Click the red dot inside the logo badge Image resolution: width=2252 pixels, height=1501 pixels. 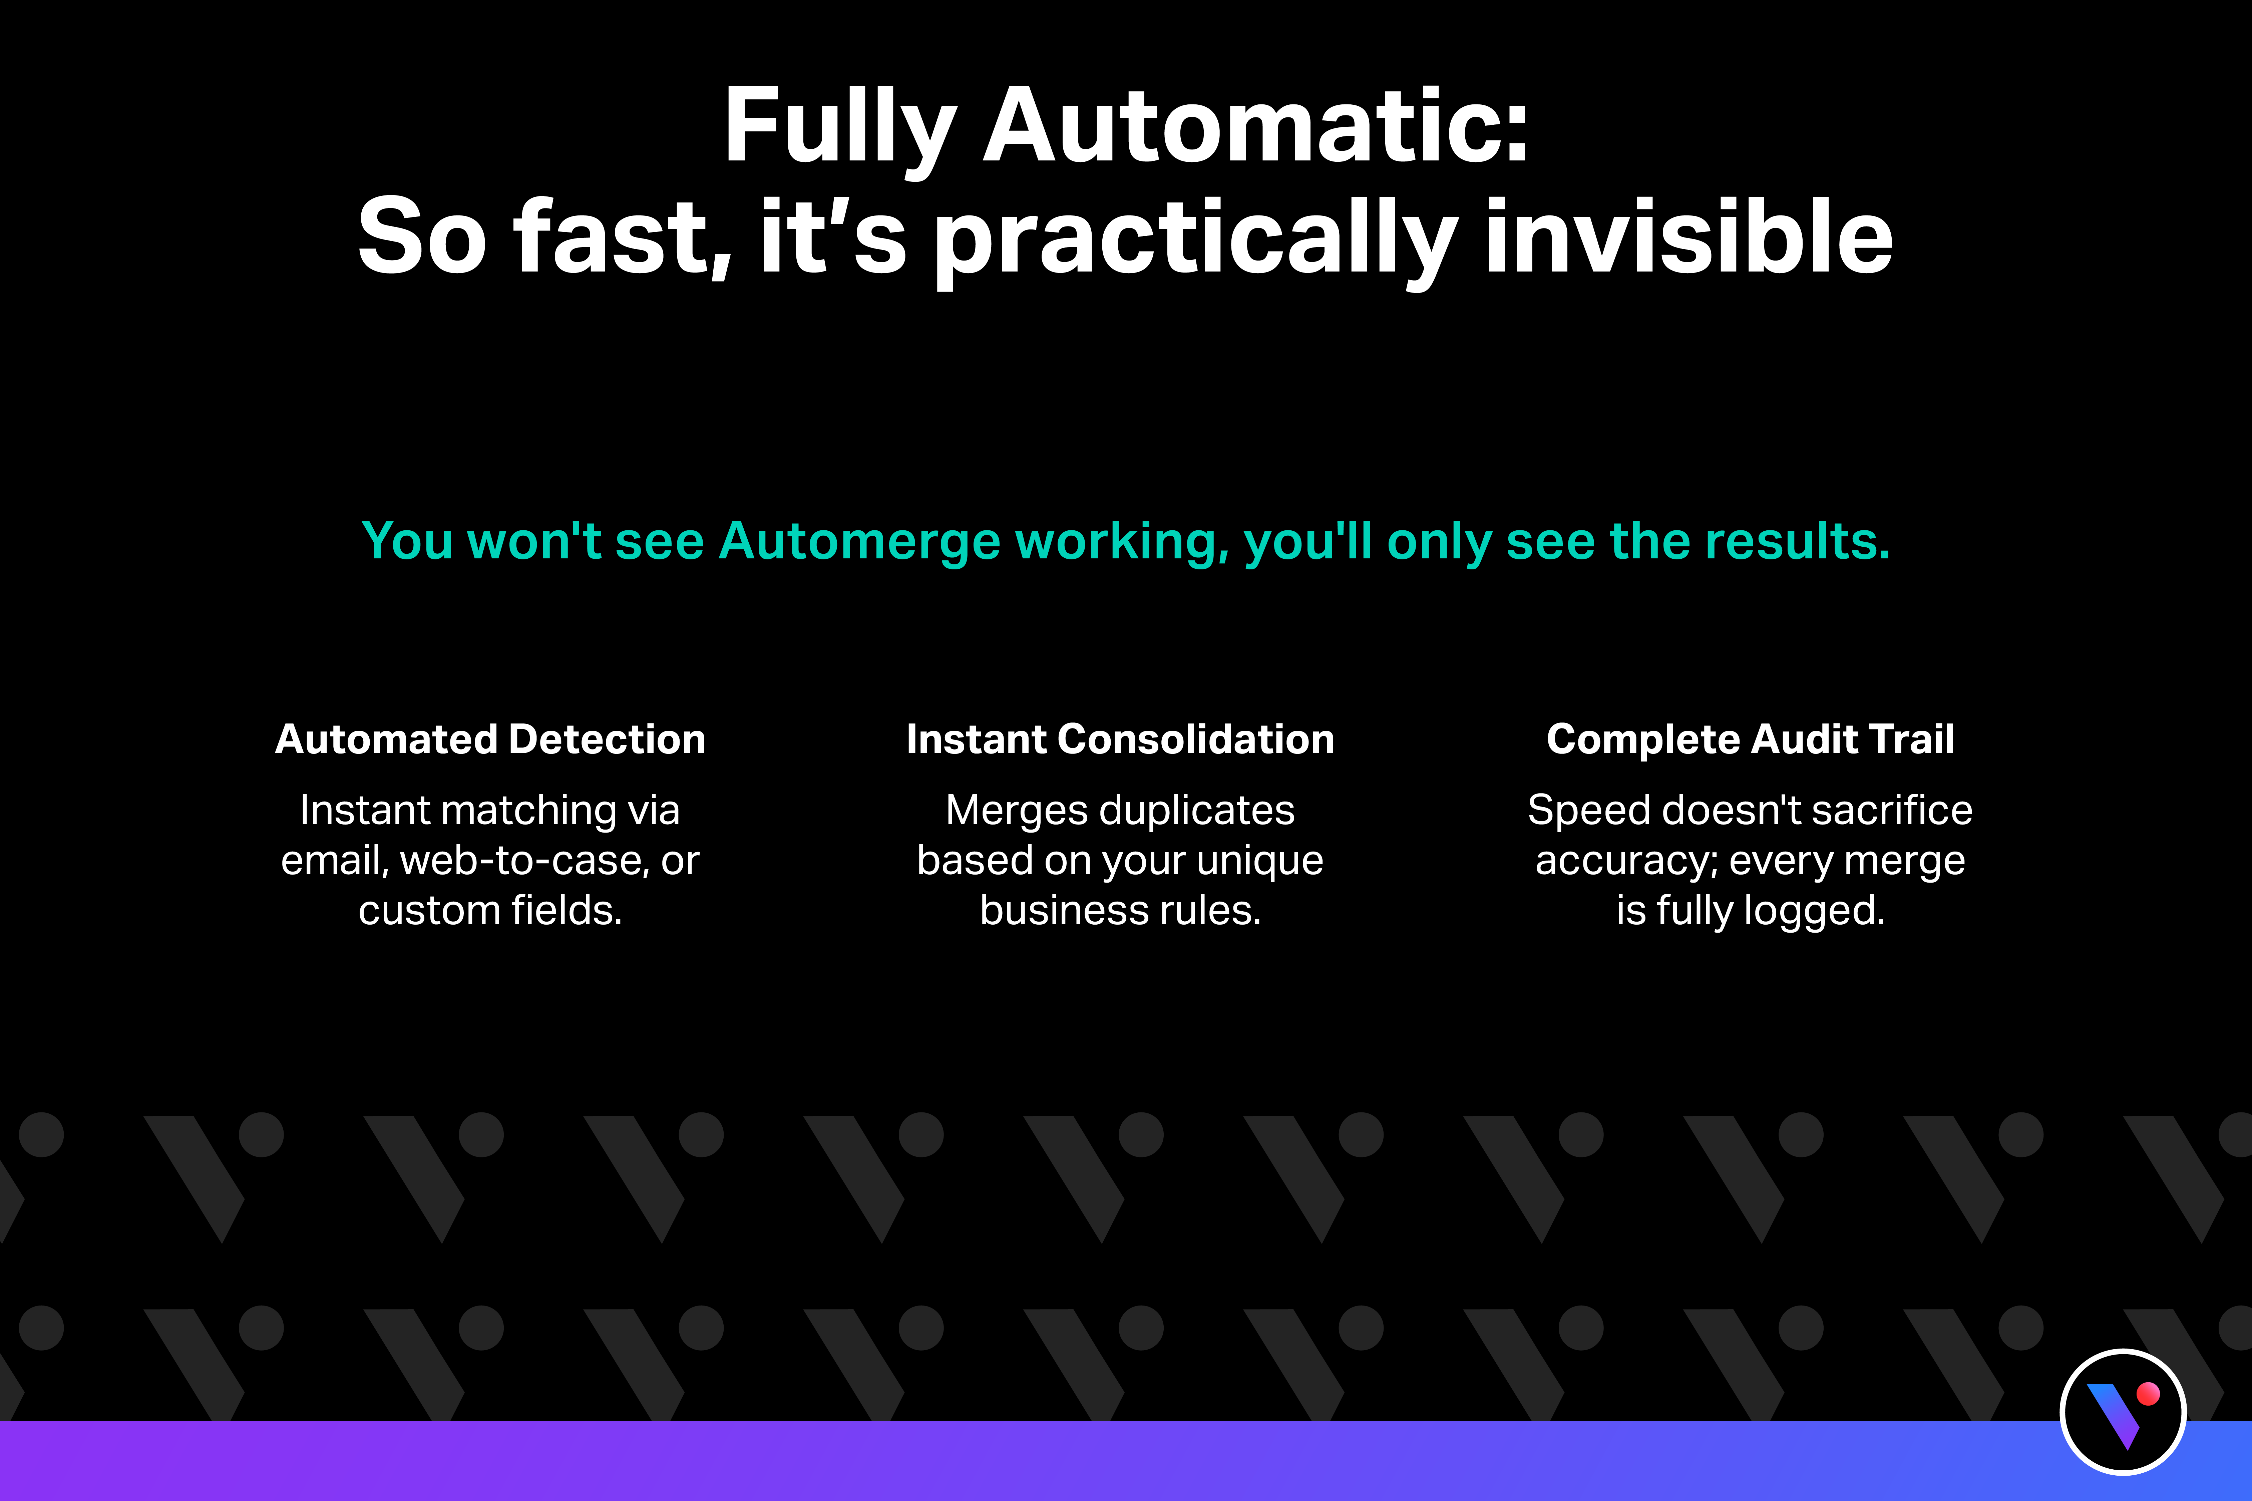pyautogui.click(x=2148, y=1394)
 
